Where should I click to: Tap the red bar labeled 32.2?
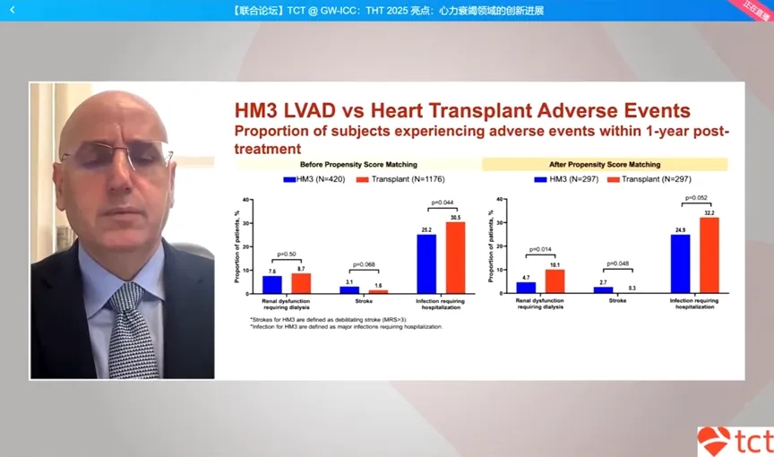[708, 255]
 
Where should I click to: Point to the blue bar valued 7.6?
[272, 284]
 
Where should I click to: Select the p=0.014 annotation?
[540, 250]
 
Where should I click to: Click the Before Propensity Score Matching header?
[357, 165]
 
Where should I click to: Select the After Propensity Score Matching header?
[605, 165]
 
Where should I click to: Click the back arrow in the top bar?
[13, 10]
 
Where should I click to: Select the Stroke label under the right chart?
[618, 301]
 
